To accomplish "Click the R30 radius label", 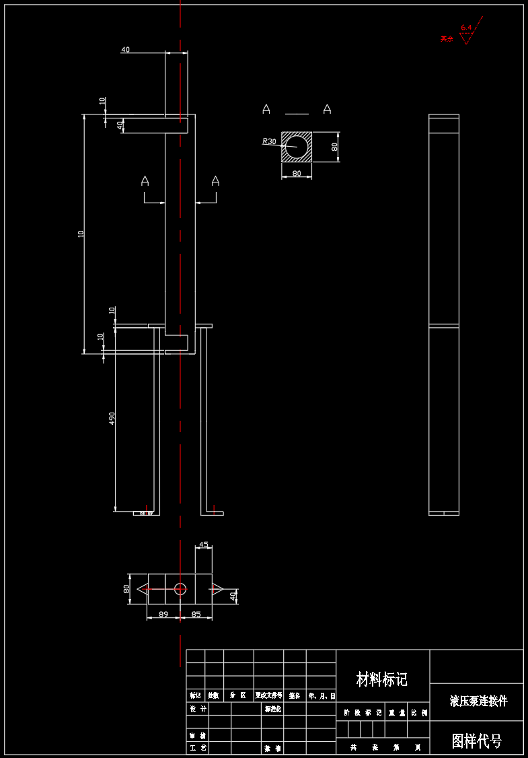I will pos(269,141).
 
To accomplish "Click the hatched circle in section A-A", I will pos(297,146).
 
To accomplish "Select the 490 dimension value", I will pos(112,419).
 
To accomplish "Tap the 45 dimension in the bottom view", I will pos(204,544).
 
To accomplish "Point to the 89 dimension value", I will pos(163,614).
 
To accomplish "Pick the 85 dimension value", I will pos(196,614).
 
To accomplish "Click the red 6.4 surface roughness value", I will pos(466,28).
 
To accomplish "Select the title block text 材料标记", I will pos(382,679).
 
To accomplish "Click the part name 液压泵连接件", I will pos(478,701).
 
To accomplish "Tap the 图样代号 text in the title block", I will pos(476,741).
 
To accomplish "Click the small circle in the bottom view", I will pos(180,589).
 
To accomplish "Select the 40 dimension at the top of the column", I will pos(125,49).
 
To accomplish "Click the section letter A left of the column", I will pos(145,180).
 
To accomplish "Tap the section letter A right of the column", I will pos(215,180).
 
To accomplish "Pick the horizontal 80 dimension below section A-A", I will pos(296,174).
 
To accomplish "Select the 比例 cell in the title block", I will pos(419,712).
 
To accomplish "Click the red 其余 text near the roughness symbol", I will pos(447,39).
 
